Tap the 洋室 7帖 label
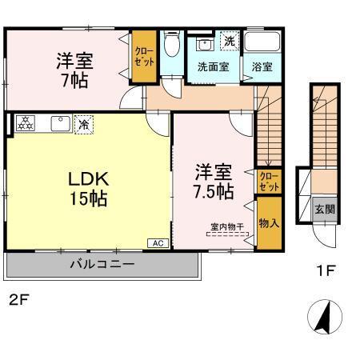click(x=72, y=70)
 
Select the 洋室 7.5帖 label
click(x=214, y=182)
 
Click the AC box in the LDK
click(x=157, y=242)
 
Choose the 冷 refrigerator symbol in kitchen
click(x=82, y=124)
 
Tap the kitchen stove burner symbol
click(x=26, y=123)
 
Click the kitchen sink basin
click(x=59, y=123)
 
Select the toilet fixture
click(x=170, y=47)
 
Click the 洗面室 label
click(x=213, y=67)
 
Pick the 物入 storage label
click(x=269, y=222)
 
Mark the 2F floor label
click(x=18, y=301)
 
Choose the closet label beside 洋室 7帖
click(x=144, y=57)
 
